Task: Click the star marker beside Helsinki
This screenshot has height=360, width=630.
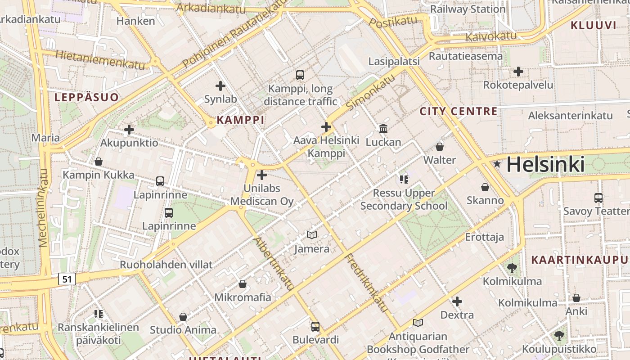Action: point(497,164)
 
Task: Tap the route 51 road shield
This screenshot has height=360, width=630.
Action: point(67,279)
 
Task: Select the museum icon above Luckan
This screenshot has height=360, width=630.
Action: point(383,129)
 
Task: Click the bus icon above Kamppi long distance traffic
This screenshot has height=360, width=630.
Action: point(300,75)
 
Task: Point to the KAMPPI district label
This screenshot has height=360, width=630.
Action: point(240,120)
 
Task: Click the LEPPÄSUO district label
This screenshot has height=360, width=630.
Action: point(86,97)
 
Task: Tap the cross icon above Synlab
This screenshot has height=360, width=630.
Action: point(220,85)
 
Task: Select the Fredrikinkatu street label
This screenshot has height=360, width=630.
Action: point(366,283)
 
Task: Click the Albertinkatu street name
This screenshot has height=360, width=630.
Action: point(274,263)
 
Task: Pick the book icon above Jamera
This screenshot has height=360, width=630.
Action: point(311,235)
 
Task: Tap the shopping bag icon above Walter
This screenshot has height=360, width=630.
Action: point(439,147)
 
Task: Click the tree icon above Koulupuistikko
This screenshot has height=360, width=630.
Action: point(559,335)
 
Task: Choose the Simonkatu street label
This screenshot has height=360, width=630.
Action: point(372,92)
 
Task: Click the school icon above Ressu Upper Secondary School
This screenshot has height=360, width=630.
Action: point(404,180)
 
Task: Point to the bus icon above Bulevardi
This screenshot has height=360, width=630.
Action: point(315,326)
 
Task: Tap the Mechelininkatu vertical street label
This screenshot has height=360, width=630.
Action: point(43,208)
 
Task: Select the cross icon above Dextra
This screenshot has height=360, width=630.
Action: point(457,301)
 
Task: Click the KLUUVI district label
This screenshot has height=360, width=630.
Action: point(593,25)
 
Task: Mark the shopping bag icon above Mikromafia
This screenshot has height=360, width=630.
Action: point(242,284)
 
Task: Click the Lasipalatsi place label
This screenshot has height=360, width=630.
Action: point(394,61)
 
